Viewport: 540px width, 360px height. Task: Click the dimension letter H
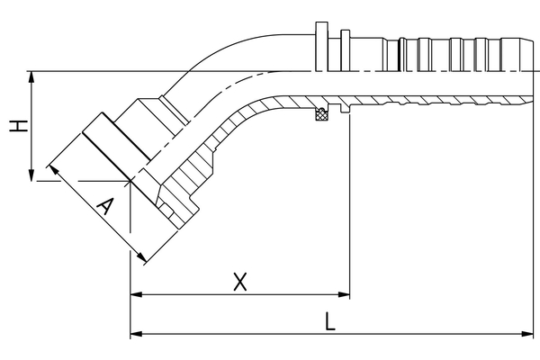pos(18,126)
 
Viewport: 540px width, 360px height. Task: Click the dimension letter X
pos(240,282)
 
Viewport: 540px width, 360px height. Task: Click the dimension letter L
pos(330,321)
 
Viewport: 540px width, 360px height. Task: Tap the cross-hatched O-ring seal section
pos(321,113)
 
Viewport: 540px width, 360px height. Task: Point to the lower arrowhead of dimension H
pos(31,175)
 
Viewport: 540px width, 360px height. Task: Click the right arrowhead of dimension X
pos(344,294)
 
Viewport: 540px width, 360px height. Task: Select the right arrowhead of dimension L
pos(527,334)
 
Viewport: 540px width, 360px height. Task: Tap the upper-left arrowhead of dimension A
pos(54,170)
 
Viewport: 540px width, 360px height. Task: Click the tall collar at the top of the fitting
pos(321,47)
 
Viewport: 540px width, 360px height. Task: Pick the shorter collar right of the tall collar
pos(346,50)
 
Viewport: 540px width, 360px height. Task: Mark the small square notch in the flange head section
pos(166,210)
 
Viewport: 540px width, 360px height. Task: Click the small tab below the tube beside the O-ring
pos(345,108)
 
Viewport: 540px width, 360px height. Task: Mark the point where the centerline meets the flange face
pos(130,181)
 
